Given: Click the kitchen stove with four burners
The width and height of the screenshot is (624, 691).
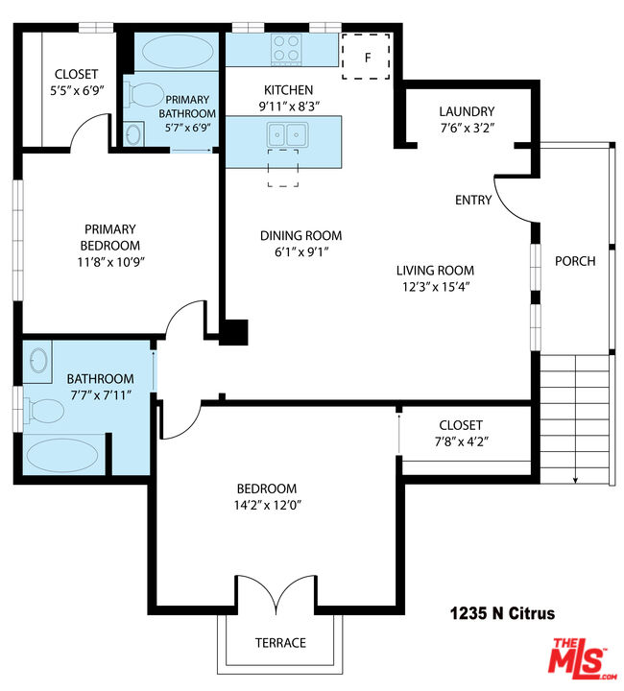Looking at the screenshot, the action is point(287,49).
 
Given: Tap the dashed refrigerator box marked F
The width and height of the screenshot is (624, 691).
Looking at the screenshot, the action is point(366,57).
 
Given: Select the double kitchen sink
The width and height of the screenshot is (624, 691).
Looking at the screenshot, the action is point(287,135).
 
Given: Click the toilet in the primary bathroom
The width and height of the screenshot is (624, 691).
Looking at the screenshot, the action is point(145,95).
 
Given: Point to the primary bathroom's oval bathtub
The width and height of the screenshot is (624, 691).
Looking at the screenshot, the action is point(178,51).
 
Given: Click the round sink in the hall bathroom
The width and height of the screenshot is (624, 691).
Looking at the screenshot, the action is point(38,361).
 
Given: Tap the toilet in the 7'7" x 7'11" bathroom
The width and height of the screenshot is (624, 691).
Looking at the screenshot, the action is point(44,411).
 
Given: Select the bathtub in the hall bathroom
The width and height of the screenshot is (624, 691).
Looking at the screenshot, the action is point(62,456).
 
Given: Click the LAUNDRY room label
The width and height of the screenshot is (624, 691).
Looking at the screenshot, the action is point(467,111).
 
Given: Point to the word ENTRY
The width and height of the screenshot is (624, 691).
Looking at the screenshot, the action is point(473,200).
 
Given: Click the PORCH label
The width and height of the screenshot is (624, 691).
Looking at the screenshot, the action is point(575,261).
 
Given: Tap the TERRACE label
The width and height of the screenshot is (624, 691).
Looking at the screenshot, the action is point(280,643).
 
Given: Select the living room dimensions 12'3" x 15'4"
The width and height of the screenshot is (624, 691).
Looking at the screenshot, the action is point(436,287).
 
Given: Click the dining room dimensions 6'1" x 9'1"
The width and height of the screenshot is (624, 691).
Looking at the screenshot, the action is point(301,252).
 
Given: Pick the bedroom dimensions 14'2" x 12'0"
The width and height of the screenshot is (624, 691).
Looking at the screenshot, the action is point(268,505).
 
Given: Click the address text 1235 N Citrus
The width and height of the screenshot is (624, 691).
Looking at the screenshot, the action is point(502,613).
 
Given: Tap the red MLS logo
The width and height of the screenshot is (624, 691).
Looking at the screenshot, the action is point(582,659).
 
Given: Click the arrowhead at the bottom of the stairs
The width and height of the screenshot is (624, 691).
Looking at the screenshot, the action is point(575,481).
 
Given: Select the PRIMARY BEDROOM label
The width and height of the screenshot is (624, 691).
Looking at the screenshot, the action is point(110,238).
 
